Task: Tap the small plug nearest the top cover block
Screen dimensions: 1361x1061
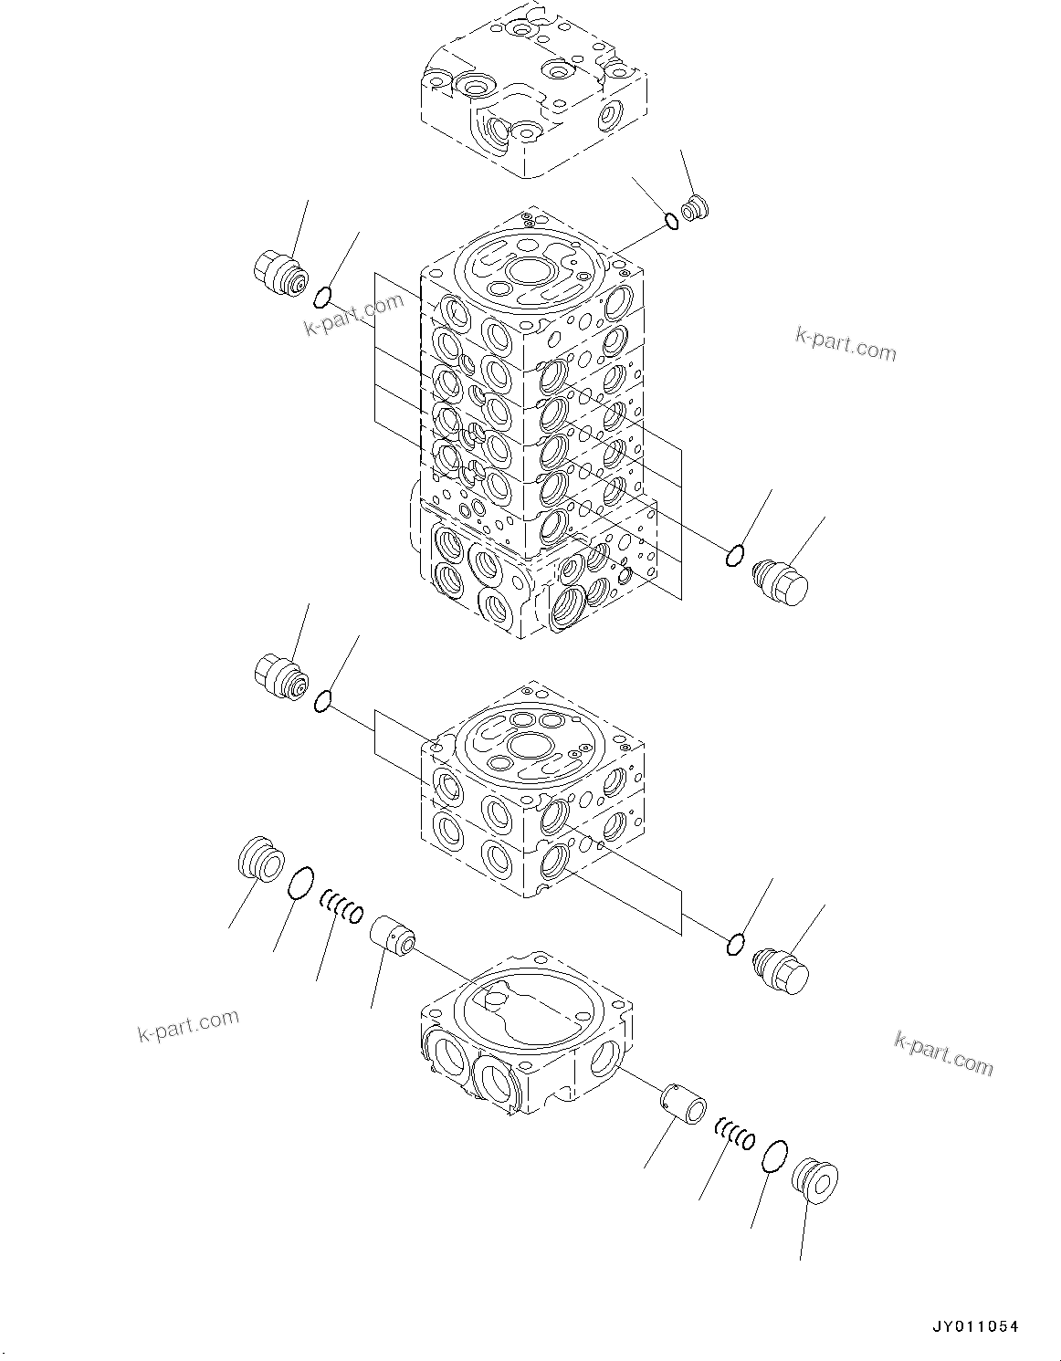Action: (695, 208)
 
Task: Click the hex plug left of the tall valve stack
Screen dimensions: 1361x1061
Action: (279, 274)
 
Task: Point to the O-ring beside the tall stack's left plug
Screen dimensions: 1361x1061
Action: (321, 297)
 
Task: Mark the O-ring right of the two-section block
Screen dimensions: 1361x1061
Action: (735, 945)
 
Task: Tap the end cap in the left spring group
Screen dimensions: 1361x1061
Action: (260, 860)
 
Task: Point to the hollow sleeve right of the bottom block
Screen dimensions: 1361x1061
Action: (684, 1105)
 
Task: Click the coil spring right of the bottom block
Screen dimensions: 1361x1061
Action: (734, 1135)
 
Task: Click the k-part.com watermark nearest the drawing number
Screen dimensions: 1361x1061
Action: (943, 1052)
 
